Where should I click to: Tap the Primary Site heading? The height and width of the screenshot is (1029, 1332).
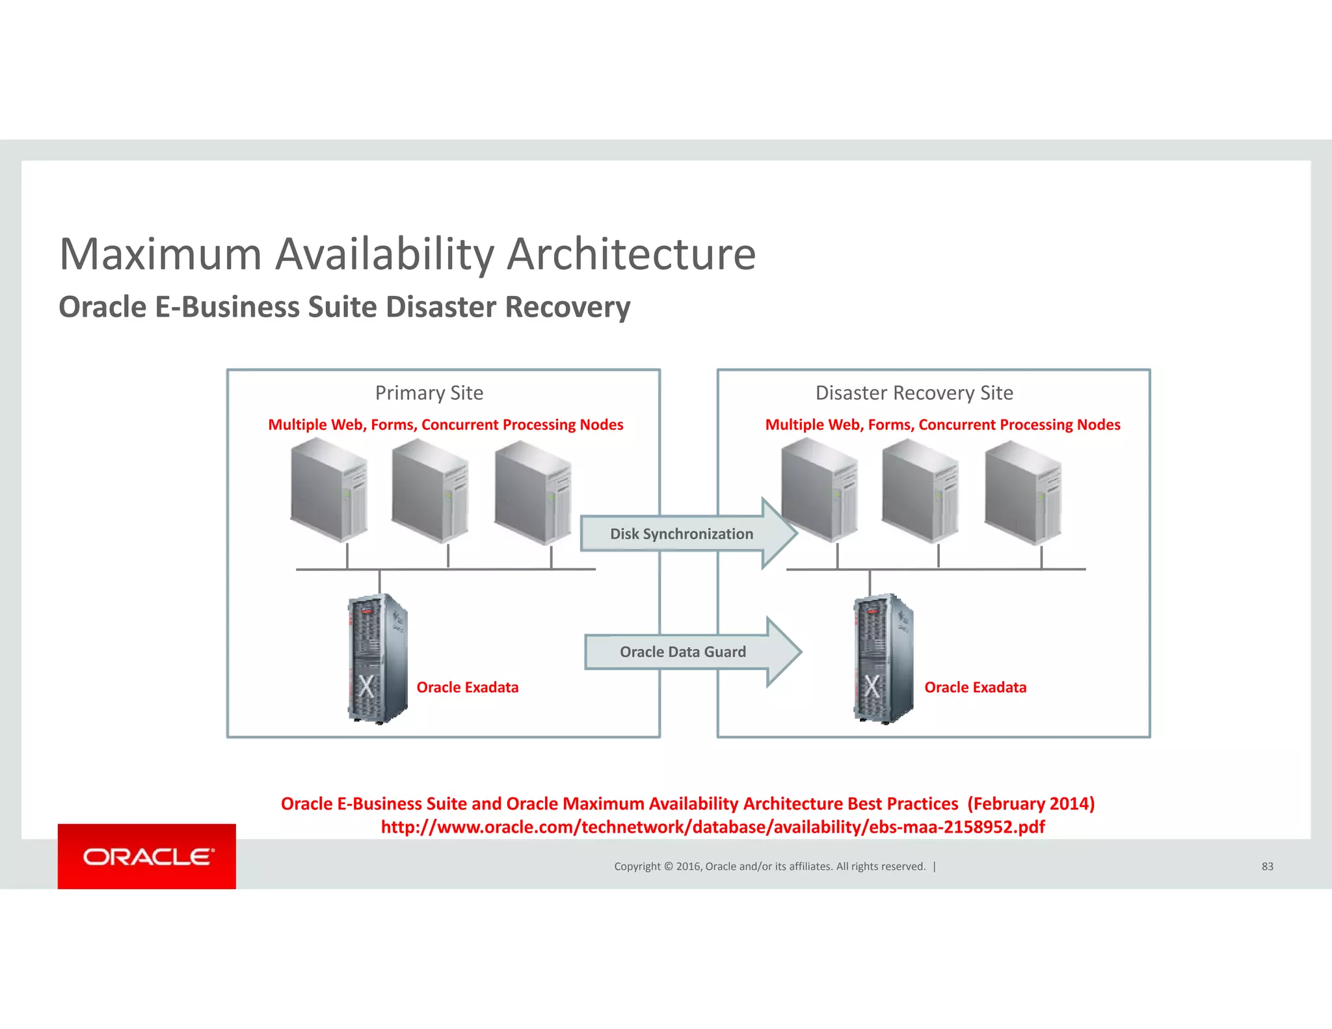pos(429,393)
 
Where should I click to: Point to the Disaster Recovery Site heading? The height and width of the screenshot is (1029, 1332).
pos(914,393)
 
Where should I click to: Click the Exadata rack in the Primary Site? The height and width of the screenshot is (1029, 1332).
pos(378,658)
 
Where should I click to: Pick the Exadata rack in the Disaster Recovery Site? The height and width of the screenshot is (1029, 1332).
pos(883,658)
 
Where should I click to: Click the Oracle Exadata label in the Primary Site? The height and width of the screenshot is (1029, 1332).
pos(468,688)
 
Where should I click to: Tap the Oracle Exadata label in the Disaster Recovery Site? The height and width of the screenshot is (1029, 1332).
pos(975,688)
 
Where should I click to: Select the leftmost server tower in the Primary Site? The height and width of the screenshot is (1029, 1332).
pos(329,490)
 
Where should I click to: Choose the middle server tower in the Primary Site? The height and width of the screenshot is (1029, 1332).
pos(430,490)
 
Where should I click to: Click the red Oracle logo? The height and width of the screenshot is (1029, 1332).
pos(147,856)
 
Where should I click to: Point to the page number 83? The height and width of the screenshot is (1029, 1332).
pos(1267,866)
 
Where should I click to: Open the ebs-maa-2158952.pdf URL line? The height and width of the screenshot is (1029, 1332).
pos(713,827)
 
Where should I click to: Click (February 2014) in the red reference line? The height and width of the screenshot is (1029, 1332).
pos(1031,804)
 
